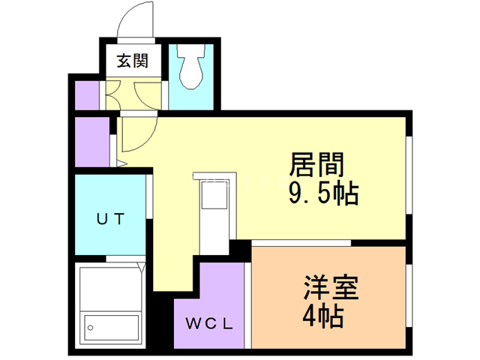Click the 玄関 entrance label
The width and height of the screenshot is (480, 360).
pos(130,61)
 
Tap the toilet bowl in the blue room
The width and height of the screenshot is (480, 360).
pos(193,68)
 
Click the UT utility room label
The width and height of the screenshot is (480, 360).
pos(109,219)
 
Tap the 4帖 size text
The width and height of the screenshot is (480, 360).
pos(323,317)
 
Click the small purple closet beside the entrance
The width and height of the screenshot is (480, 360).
pos(88,94)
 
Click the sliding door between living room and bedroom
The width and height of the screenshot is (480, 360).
pos(300,243)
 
